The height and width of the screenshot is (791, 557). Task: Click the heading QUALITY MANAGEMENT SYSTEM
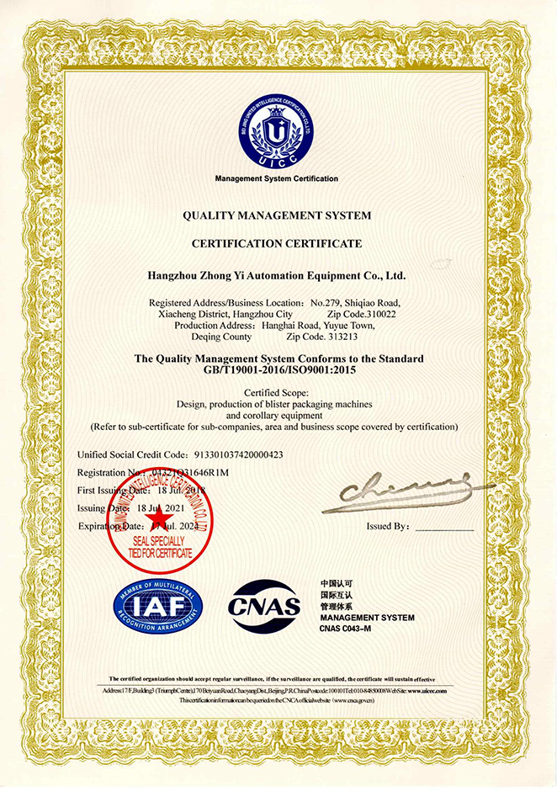tap(277, 215)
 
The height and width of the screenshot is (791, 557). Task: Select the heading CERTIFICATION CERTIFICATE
tap(277, 243)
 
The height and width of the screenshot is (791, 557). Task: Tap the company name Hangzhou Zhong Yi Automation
tap(277, 274)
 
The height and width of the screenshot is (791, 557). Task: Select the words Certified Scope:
tap(277, 393)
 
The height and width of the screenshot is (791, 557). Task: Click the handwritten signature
tap(404, 495)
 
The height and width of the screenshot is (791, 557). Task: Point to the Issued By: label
tap(388, 526)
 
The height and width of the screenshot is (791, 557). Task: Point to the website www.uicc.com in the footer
tap(442, 689)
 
